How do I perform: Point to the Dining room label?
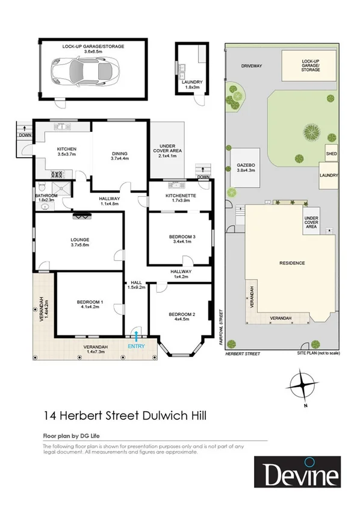pyautogui.click(x=120, y=155)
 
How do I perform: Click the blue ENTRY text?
pyautogui.click(x=137, y=347)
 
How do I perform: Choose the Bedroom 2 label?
pyautogui.click(x=181, y=317)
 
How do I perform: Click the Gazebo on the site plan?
pyautogui.click(x=246, y=167)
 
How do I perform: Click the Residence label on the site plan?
pyautogui.click(x=292, y=263)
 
